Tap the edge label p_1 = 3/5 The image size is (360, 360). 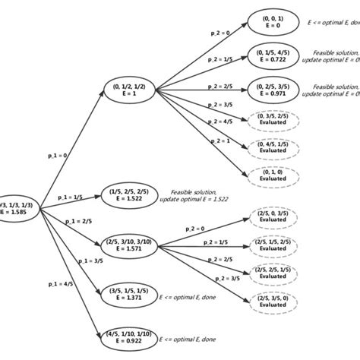(x=91, y=261)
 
